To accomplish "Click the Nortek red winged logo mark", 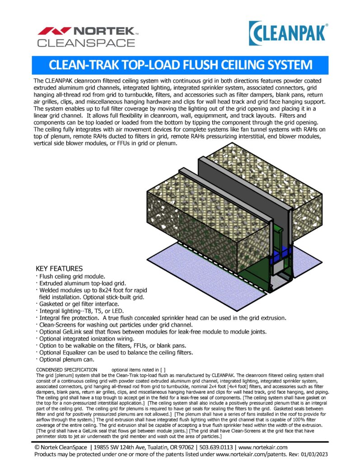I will (x=54, y=32).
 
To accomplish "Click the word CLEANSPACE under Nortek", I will (x=86, y=43).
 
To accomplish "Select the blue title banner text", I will (x=180, y=65).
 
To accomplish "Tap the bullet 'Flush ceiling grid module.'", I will (x=72, y=276).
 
